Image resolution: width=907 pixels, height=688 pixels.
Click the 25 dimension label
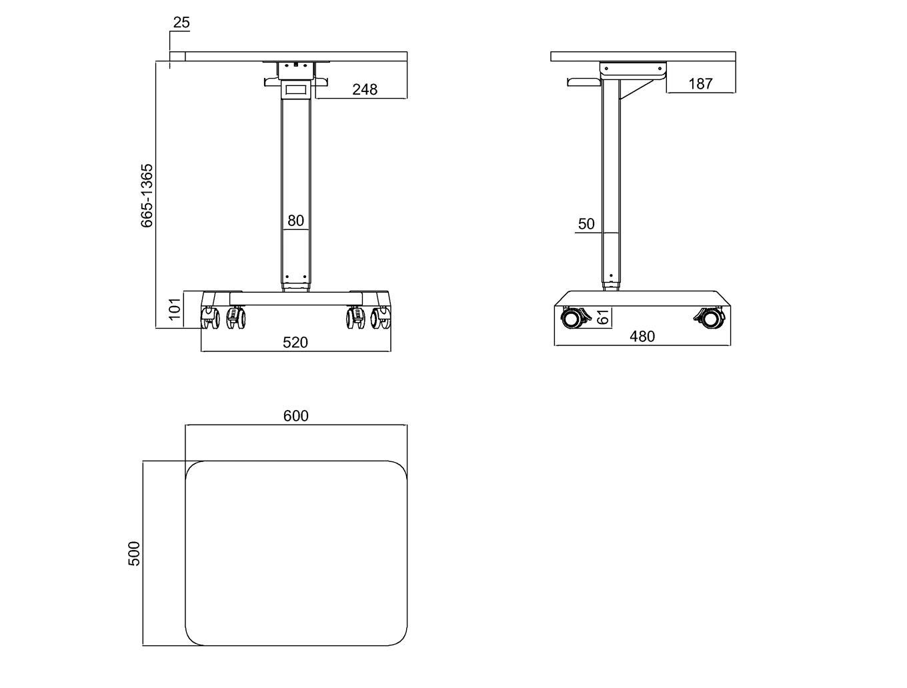[x=181, y=22]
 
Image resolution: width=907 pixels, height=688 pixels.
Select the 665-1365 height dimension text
[x=147, y=196]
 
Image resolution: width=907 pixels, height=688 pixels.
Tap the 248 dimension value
[x=365, y=89]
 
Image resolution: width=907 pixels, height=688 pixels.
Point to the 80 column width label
[x=296, y=221]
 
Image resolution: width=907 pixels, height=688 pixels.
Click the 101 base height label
[x=175, y=309]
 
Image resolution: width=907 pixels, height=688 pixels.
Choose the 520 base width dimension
[x=295, y=343]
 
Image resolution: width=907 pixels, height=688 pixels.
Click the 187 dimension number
[x=701, y=84]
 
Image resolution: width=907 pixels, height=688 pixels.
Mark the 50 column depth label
[x=586, y=224]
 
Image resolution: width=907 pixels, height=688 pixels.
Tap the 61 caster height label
[x=604, y=317]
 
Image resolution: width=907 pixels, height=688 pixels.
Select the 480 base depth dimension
[x=642, y=337]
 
